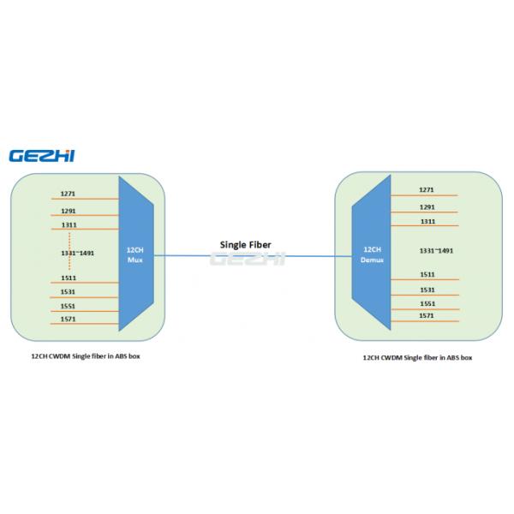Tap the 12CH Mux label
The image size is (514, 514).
pyautogui.click(x=134, y=254)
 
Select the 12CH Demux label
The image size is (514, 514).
pyautogui.click(x=373, y=254)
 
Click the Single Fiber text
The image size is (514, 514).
pyautogui.click(x=247, y=243)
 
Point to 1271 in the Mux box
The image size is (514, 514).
pyautogui.click(x=68, y=193)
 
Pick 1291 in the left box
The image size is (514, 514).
pyautogui.click(x=68, y=210)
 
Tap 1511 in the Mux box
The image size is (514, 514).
pyautogui.click(x=68, y=278)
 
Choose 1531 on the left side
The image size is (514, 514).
pyautogui.click(x=68, y=292)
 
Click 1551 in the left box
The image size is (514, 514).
pyautogui.click(x=68, y=306)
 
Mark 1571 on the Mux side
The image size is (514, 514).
pyautogui.click(x=68, y=320)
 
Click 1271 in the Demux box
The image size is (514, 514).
pyautogui.click(x=427, y=189)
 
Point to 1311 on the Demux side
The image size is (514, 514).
pyautogui.click(x=427, y=221)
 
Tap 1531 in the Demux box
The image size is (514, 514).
pyautogui.click(x=427, y=290)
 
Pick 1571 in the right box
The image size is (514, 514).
pyautogui.click(x=427, y=315)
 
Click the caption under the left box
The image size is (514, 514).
pyautogui.click(x=80, y=355)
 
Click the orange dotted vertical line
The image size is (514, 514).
pyautogui.click(x=69, y=254)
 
